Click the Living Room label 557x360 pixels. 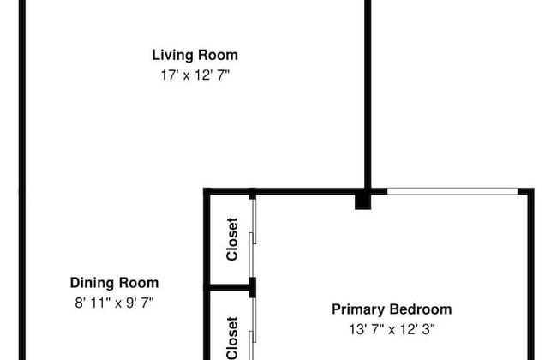(195, 55)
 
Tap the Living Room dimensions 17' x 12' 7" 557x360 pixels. (195, 75)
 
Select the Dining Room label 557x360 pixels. (114, 283)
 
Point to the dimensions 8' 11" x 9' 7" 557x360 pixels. (114, 303)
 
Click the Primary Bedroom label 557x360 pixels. (392, 309)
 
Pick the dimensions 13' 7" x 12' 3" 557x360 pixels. (392, 329)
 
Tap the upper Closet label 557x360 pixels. (232, 239)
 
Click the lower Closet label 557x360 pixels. (232, 338)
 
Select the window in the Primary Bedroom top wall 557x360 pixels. (452, 191)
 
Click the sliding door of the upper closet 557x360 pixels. (253, 238)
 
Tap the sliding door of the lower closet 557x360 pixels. (253, 329)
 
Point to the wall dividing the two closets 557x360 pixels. (229, 287)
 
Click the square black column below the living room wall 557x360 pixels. (363, 201)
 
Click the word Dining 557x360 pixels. (92, 283)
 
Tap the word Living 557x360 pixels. (173, 55)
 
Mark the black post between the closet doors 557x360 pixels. (253, 287)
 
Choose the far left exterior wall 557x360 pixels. (22, 180)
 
